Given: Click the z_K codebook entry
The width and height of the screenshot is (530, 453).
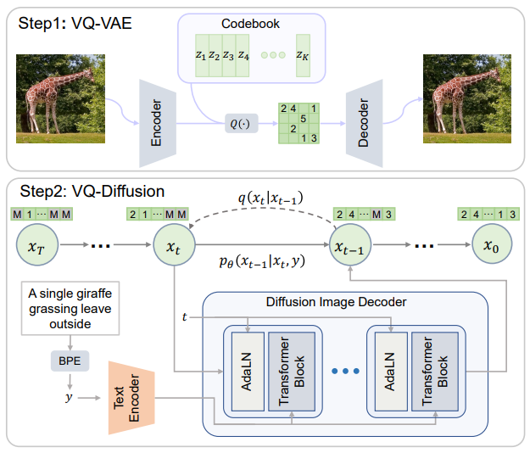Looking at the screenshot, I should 303,57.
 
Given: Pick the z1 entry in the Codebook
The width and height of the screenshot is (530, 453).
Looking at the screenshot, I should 200,57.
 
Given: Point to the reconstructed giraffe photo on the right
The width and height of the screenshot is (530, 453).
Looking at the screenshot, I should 465,98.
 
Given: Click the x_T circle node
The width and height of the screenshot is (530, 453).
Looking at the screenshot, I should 36,246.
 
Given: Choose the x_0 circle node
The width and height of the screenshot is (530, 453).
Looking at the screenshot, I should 491,246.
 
